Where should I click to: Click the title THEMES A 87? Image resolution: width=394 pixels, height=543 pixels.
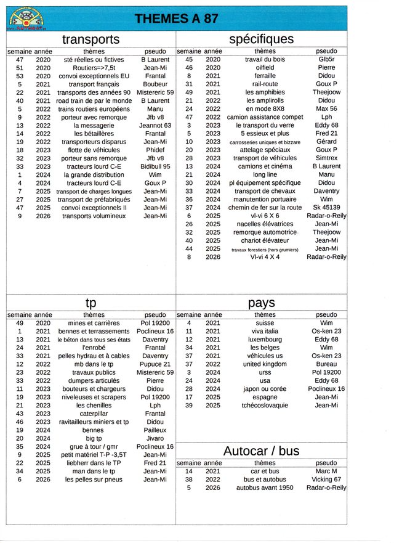pyautogui.click(x=176, y=18)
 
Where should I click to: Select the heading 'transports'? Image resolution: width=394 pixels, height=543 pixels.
pyautogui.click(x=90, y=40)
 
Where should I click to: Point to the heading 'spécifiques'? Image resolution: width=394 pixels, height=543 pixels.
pyautogui.click(x=261, y=39)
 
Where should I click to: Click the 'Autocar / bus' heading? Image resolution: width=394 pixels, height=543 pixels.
pyautogui.click(x=262, y=451)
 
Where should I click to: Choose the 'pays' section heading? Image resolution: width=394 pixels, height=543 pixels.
pyautogui.click(x=262, y=303)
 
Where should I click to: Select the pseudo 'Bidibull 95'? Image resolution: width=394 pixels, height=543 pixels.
pyautogui.click(x=155, y=166)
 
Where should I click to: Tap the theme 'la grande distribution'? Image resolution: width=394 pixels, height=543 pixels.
pyautogui.click(x=94, y=175)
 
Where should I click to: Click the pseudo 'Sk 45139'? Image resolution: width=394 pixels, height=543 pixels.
pyautogui.click(x=326, y=208)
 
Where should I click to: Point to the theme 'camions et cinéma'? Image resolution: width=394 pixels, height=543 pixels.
pyautogui.click(x=265, y=166)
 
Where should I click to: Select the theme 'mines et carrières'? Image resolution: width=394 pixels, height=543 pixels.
pyautogui.click(x=94, y=323)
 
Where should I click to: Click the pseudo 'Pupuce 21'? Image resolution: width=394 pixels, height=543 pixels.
pyautogui.click(x=155, y=364)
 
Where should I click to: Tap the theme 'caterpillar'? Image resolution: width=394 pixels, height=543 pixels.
pyautogui.click(x=94, y=414)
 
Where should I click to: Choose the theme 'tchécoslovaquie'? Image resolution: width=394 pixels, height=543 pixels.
pyautogui.click(x=265, y=406)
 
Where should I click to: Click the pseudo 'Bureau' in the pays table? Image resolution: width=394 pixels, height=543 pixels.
pyautogui.click(x=326, y=364)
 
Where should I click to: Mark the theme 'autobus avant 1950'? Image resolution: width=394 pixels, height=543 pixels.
pyautogui.click(x=265, y=488)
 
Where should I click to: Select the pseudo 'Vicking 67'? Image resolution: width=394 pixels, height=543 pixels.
pyautogui.click(x=326, y=480)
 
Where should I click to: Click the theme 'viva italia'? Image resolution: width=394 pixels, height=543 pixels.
pyautogui.click(x=265, y=331)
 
